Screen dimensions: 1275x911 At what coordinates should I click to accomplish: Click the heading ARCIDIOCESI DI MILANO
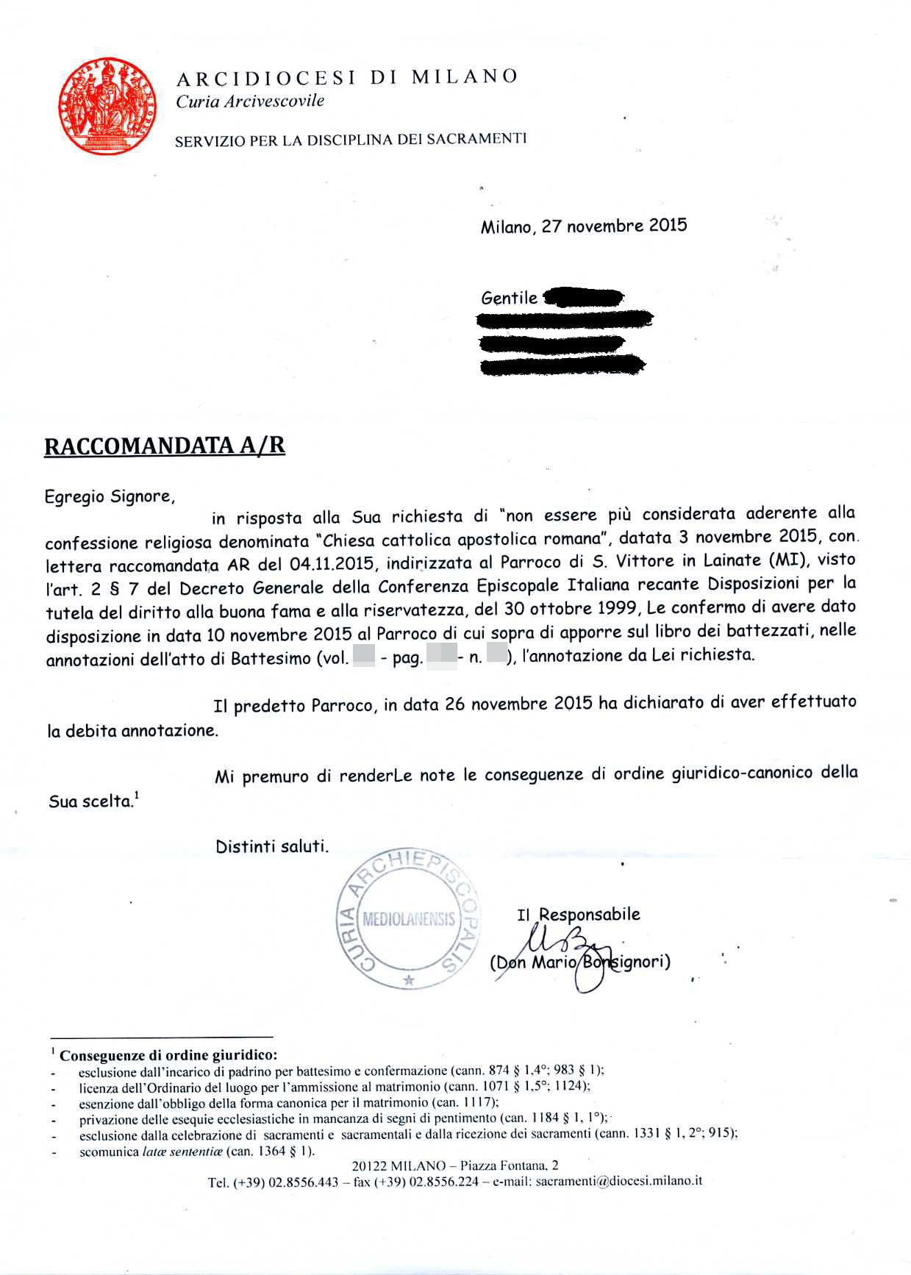click(347, 77)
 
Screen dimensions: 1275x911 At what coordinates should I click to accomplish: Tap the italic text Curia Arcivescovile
click(250, 101)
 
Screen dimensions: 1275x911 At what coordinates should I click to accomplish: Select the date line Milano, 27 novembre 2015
click(584, 226)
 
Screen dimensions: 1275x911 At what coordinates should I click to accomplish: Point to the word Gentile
click(509, 298)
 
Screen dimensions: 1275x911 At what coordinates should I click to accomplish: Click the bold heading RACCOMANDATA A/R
click(165, 446)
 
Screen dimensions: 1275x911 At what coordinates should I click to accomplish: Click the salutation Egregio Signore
click(110, 497)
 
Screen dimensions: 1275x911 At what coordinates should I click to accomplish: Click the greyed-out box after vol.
click(364, 655)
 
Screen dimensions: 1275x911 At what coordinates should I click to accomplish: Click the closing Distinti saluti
click(272, 846)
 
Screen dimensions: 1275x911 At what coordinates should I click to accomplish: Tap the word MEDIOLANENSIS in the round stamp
click(409, 920)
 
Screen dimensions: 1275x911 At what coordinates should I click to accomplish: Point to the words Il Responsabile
click(579, 915)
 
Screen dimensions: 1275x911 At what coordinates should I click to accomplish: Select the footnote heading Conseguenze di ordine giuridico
click(168, 1056)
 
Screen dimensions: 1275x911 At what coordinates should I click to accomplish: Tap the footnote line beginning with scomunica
click(196, 1151)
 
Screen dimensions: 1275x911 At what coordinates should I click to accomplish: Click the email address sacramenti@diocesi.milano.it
click(618, 1181)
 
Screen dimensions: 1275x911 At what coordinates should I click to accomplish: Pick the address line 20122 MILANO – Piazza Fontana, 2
click(454, 1165)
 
